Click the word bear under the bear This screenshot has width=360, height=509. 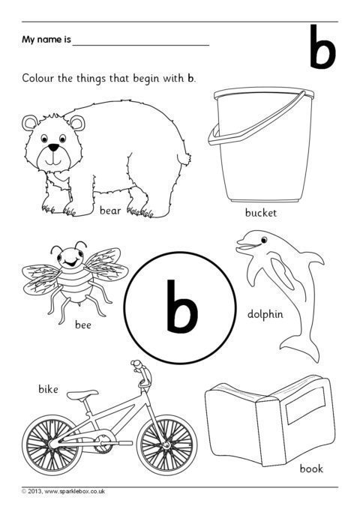click(110, 211)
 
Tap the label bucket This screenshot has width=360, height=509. click(260, 213)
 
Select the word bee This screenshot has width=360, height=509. click(82, 325)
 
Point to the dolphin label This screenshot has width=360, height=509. click(265, 314)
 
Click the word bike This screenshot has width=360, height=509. click(48, 388)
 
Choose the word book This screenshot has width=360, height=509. click(311, 469)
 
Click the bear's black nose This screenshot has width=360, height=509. click(54, 148)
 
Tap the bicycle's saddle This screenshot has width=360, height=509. click(82, 394)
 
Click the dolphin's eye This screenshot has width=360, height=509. click(264, 240)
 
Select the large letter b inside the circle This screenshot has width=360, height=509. click(181, 306)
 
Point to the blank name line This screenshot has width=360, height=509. click(141, 46)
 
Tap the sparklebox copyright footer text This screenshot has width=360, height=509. click(63, 492)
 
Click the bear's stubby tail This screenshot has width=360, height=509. click(185, 158)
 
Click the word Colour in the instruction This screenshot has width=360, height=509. click(37, 79)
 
